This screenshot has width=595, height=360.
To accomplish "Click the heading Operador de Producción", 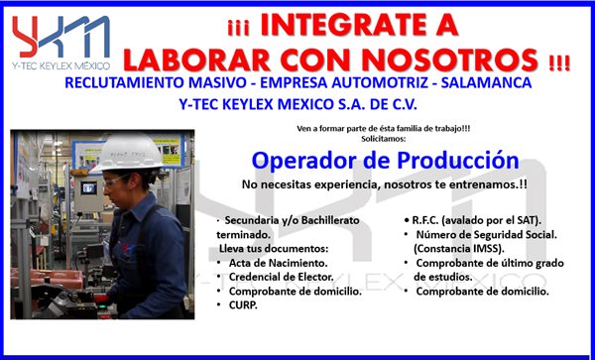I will (x=385, y=160).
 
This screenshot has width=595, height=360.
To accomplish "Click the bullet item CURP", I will (x=244, y=305).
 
